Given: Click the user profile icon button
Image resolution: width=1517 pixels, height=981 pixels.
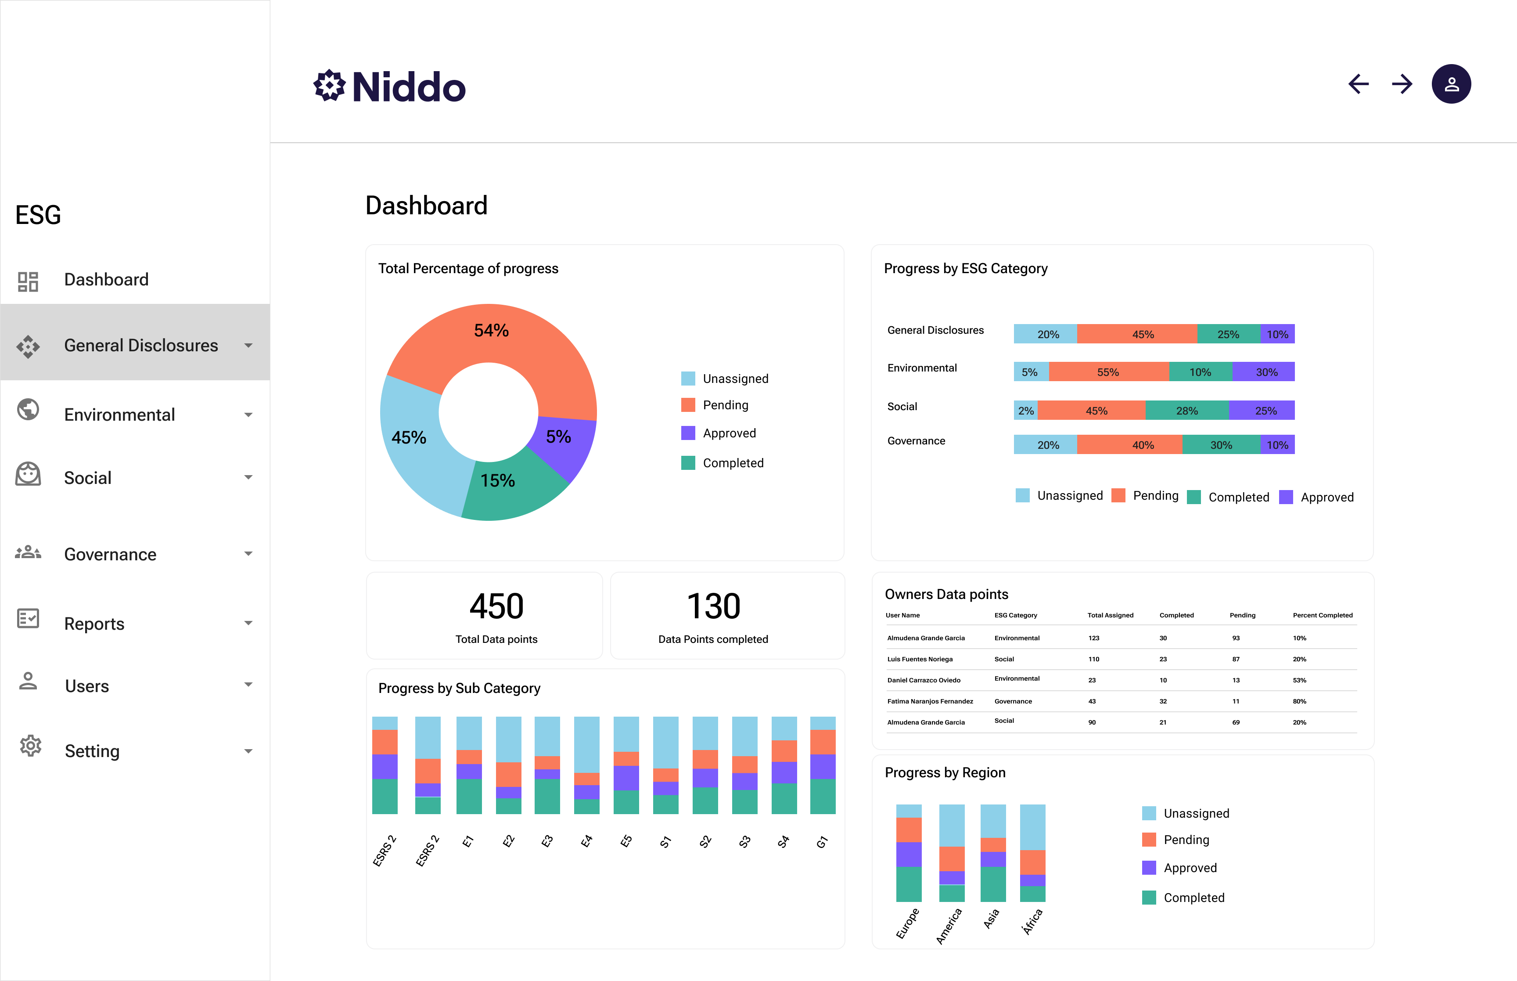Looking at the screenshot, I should (1451, 84).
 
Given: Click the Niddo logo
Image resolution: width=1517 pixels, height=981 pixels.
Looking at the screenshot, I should (390, 87).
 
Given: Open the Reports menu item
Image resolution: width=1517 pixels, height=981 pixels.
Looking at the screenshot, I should (94, 624).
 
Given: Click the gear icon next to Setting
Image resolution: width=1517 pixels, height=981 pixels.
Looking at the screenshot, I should (30, 746).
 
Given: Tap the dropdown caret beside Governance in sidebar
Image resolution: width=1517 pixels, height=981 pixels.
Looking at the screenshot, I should (248, 554).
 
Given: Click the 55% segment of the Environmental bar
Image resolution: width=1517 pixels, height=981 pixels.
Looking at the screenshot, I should (1108, 372).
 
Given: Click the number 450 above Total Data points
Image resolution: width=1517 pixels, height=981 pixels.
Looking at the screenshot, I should (496, 606).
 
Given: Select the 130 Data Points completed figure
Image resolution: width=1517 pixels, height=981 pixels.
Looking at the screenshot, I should (714, 606).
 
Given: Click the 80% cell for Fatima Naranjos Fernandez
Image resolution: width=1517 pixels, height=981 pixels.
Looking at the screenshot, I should (1299, 701).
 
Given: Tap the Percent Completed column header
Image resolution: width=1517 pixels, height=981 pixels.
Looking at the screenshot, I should (1322, 615).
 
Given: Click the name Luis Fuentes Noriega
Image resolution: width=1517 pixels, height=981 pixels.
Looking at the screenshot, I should (920, 659).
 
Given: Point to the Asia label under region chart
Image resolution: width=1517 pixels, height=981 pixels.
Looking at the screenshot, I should (991, 919).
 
